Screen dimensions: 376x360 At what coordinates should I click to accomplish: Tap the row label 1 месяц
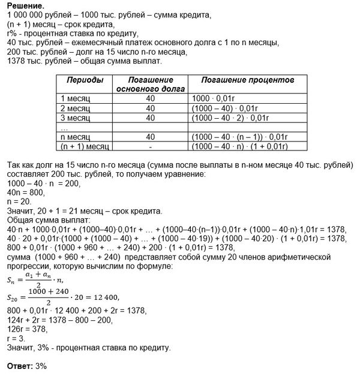(73, 98)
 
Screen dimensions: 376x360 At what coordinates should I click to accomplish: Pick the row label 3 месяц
(73, 117)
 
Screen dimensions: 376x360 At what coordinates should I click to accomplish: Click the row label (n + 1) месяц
(82, 146)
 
